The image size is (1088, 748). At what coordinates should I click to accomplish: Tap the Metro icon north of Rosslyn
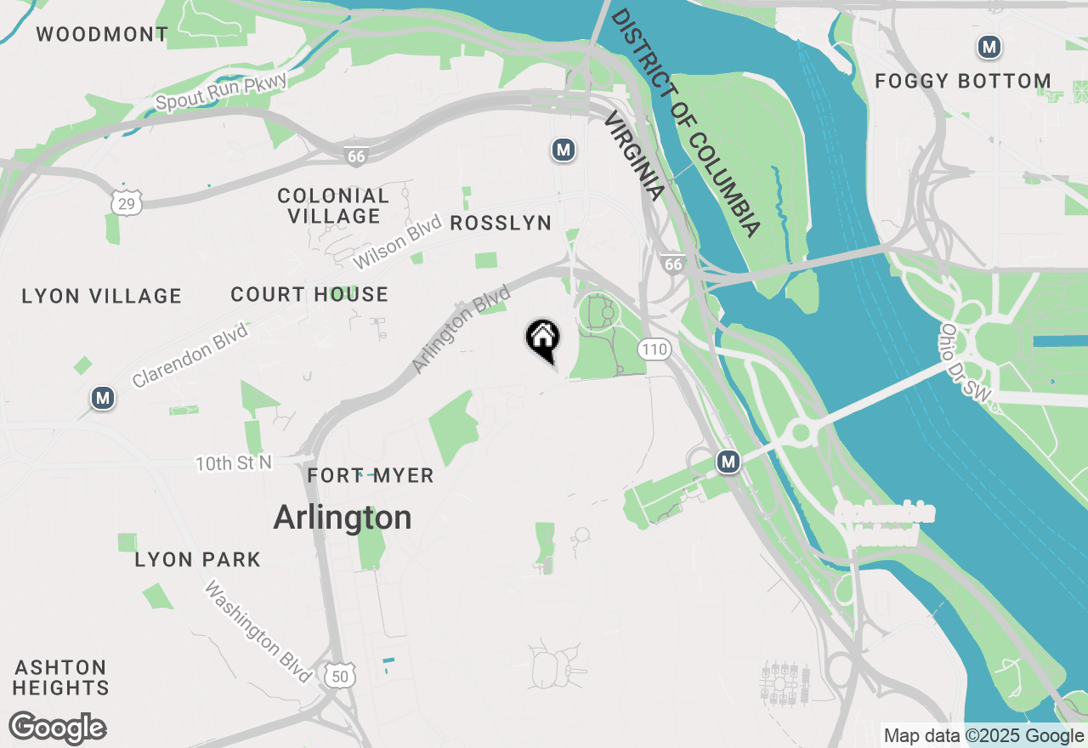click(563, 150)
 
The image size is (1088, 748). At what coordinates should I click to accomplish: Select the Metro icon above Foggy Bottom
click(989, 47)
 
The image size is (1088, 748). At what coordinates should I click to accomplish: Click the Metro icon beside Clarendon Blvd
click(104, 397)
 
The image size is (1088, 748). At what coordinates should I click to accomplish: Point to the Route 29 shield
click(127, 202)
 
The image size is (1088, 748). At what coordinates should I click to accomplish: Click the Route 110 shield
click(654, 348)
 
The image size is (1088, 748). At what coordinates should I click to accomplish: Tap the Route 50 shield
click(341, 676)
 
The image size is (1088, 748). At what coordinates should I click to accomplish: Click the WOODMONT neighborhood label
click(102, 35)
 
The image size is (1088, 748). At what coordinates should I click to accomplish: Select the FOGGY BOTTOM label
click(963, 82)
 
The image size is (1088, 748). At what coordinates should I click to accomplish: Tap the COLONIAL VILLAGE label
click(333, 206)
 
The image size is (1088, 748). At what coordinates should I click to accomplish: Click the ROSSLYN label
click(501, 223)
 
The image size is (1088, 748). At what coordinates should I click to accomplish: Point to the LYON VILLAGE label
click(101, 297)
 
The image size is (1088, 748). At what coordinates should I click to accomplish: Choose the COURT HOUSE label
click(309, 295)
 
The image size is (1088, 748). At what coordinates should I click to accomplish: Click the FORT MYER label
click(371, 476)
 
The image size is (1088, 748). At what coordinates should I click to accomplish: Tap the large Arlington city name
click(343, 517)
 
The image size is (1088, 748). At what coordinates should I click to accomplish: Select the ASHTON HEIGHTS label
click(61, 677)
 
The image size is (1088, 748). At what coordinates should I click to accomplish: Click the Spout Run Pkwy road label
click(222, 92)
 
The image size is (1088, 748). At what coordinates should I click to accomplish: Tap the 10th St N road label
click(234, 463)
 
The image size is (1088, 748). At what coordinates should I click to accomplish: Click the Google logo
click(57, 728)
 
